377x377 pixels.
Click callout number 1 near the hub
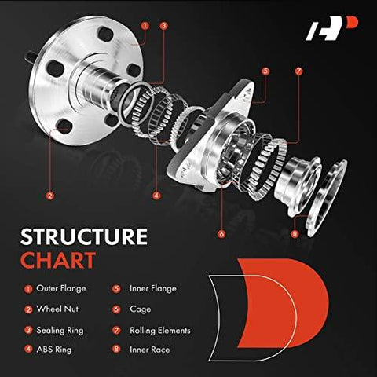point(145,25)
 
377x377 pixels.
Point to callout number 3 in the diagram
point(163,25)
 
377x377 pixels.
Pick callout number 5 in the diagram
point(265,71)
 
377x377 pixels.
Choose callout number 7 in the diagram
point(298,71)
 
